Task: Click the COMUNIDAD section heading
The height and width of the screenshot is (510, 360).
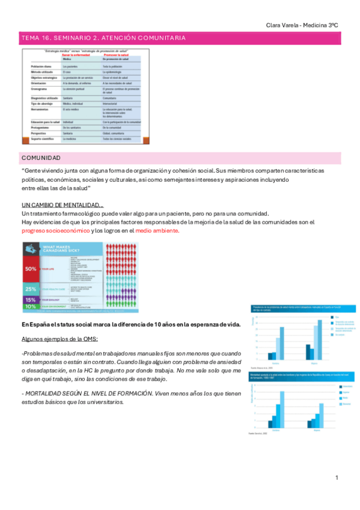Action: pos(41,158)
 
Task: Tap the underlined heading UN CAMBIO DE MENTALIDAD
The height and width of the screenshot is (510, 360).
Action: pos(63,205)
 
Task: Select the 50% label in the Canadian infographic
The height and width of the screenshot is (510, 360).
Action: pos(31,269)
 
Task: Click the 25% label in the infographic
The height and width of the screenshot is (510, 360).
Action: pos(31,289)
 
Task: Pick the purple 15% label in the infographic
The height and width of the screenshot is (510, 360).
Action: pos(31,300)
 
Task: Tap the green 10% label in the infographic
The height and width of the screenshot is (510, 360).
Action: pos(31,307)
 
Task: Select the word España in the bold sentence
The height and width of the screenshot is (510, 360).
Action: pos(37,324)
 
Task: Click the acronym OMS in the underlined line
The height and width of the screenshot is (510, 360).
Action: pos(95,339)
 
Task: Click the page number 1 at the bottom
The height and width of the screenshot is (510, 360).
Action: pos(337,478)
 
